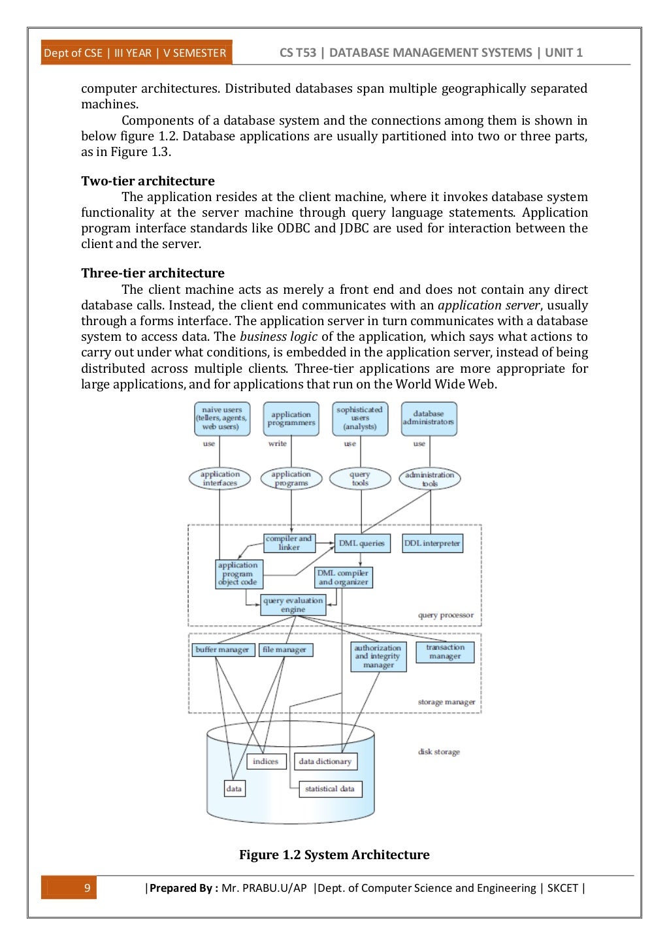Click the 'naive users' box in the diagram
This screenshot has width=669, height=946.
click(221, 418)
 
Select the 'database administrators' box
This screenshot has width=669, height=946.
click(429, 418)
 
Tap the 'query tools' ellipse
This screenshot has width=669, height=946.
click(360, 479)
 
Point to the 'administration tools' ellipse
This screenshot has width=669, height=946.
click(429, 479)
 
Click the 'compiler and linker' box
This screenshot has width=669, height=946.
click(289, 543)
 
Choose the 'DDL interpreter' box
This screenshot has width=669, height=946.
click(432, 543)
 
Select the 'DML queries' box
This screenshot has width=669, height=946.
click(362, 543)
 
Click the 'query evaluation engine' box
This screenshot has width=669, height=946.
click(293, 605)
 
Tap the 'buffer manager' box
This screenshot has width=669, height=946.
click(222, 650)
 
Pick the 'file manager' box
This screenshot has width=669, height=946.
click(285, 650)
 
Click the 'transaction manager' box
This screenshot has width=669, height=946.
click(445, 652)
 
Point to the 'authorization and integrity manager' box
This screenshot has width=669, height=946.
click(378, 656)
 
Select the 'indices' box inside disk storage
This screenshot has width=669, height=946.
click(266, 761)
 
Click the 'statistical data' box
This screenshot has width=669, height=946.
click(329, 789)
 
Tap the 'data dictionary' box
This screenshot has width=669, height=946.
click(325, 761)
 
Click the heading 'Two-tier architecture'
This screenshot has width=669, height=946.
click(148, 181)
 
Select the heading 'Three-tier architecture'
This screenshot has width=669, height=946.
click(153, 273)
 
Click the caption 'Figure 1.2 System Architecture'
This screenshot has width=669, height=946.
click(334, 855)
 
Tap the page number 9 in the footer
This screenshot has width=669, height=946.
click(87, 888)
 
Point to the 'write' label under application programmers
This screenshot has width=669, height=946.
click(278, 443)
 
